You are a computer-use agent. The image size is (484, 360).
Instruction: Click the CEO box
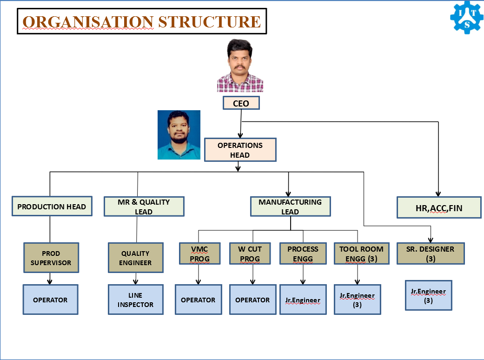click(x=241, y=103)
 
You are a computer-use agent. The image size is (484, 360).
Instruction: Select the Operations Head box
click(x=240, y=150)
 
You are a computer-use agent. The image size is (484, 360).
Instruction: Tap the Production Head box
click(x=52, y=207)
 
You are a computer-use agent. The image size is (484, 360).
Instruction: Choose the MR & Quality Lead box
click(x=144, y=207)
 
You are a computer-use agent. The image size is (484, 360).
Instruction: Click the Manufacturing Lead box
click(x=290, y=207)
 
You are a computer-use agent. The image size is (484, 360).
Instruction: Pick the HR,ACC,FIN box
click(x=439, y=207)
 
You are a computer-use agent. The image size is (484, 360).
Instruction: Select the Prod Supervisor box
click(x=51, y=258)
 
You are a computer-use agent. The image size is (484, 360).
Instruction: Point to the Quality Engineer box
click(x=136, y=258)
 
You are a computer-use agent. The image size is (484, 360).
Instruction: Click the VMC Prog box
click(x=199, y=253)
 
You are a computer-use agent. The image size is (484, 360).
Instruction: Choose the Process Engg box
click(x=303, y=253)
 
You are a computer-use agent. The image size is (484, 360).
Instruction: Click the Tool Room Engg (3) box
click(x=361, y=253)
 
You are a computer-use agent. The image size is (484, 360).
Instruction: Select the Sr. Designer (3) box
click(x=430, y=253)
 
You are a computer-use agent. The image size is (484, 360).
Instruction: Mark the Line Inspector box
click(x=135, y=300)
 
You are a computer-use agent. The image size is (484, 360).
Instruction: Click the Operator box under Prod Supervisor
click(x=50, y=300)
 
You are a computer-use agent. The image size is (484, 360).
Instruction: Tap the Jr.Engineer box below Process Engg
click(x=303, y=300)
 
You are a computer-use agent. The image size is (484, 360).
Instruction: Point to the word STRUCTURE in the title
click(x=209, y=22)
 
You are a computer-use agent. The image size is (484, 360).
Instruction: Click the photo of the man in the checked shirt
click(x=240, y=66)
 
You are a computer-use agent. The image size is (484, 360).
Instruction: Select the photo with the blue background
click(x=179, y=135)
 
